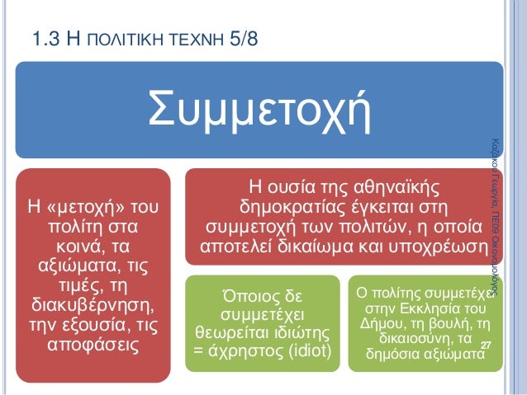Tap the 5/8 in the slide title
pyautogui.click(x=240, y=38)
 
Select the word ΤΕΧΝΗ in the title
pyautogui.click(x=195, y=39)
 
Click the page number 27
pyautogui.click(x=485, y=344)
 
